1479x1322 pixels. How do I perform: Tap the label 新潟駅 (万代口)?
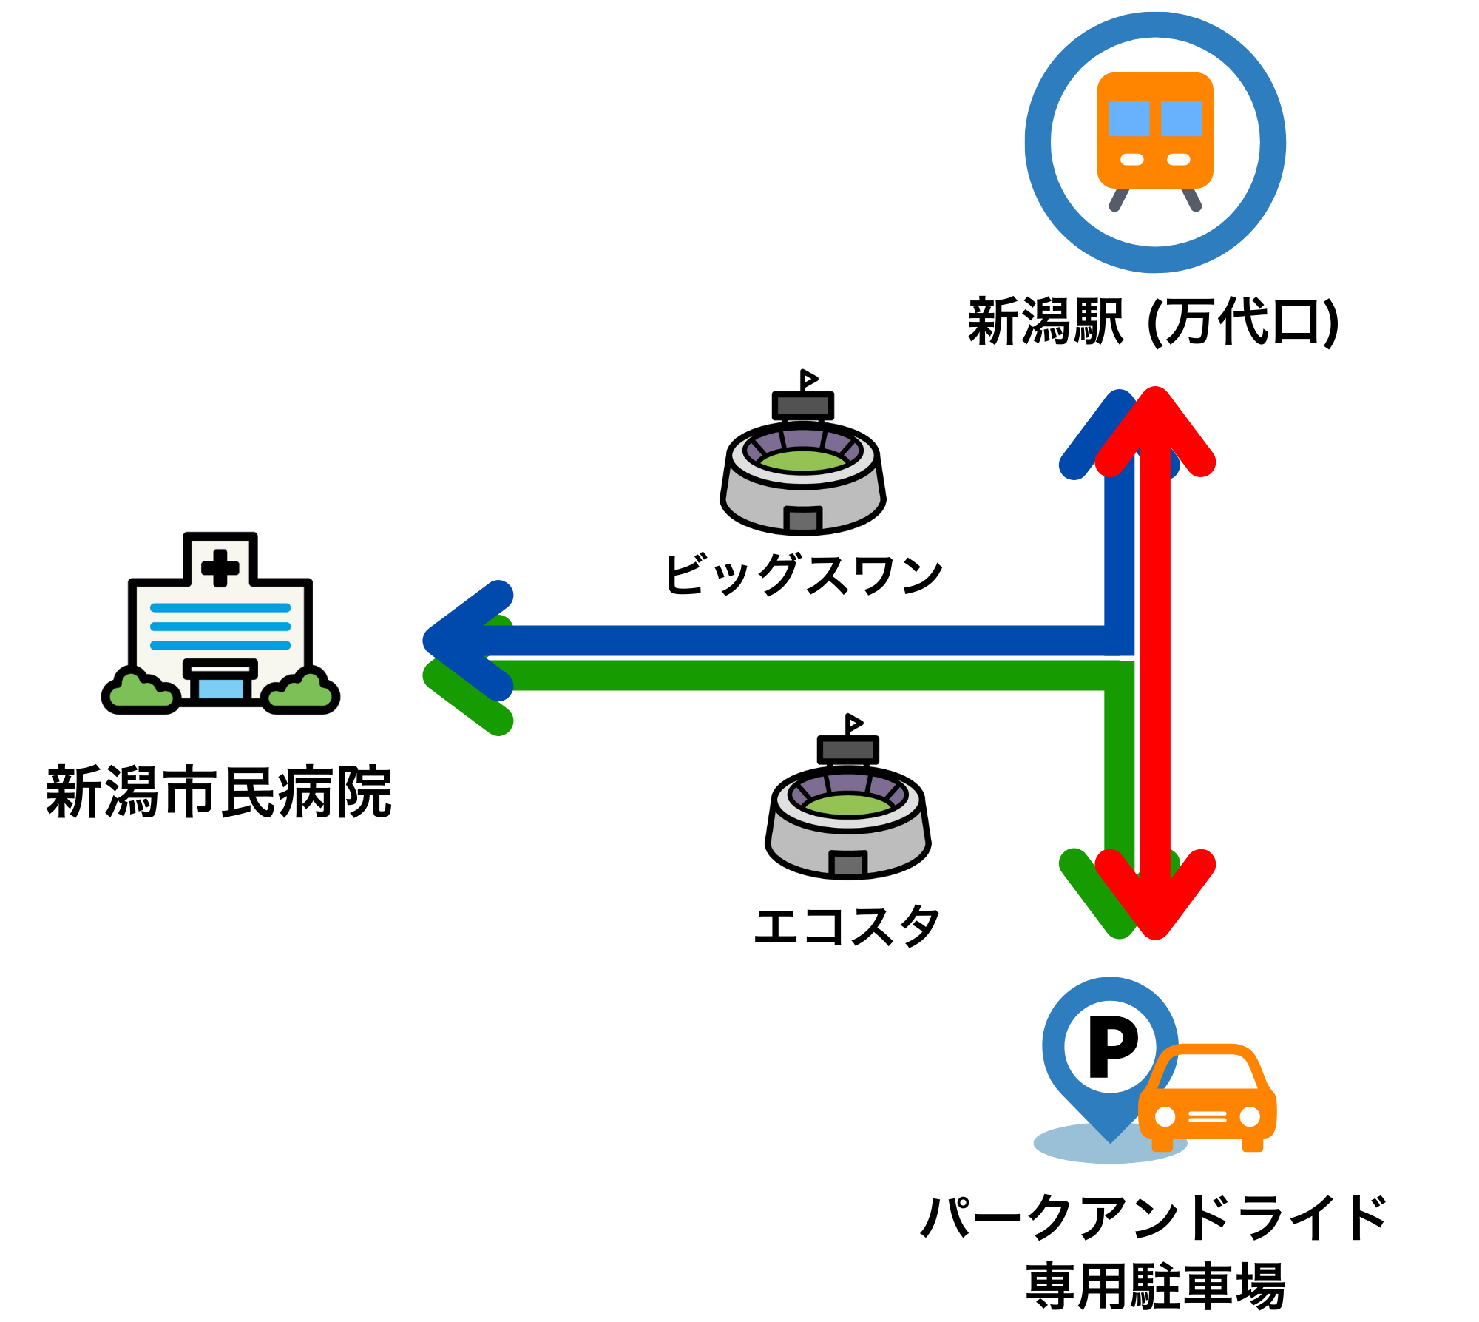[1153, 323]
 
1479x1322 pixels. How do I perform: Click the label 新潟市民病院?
[219, 792]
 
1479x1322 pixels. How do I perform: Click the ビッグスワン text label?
[804, 575]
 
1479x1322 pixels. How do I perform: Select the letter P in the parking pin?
[1111, 1047]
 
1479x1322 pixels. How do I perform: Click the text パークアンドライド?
[1153, 1217]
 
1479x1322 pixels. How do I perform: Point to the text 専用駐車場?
[1155, 1286]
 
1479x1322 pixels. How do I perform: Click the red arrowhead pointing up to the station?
[1155, 425]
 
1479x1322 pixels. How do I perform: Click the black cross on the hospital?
[220, 568]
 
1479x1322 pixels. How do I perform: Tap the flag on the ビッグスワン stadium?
[808, 380]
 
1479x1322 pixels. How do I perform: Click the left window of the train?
[1128, 118]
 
